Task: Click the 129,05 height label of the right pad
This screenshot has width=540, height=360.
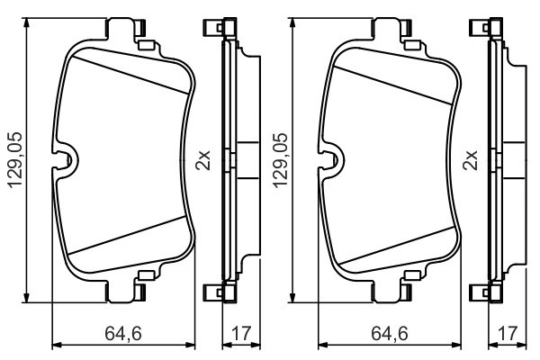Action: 281,161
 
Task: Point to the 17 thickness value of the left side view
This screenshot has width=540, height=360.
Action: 238,335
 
